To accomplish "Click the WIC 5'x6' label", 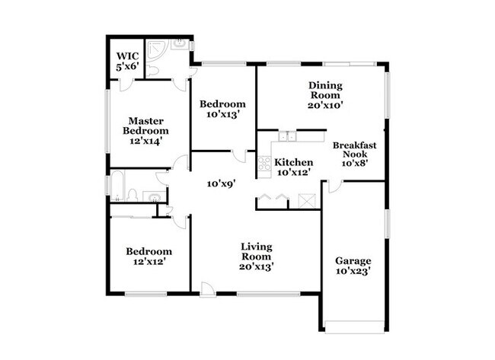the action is pyautogui.click(x=127, y=61).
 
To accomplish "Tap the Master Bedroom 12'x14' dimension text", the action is pyautogui.click(x=146, y=141).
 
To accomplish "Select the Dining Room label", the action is pyautogui.click(x=325, y=91).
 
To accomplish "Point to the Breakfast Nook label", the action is pyautogui.click(x=355, y=149).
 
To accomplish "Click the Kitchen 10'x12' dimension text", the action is pyautogui.click(x=294, y=172).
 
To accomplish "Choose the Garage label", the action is pyautogui.click(x=353, y=261).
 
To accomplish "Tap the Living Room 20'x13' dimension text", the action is pyautogui.click(x=256, y=267).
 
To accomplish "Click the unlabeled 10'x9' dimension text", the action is pyautogui.click(x=222, y=183).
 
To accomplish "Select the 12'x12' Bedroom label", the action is pyautogui.click(x=149, y=256).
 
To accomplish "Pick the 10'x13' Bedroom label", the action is pyautogui.click(x=222, y=109).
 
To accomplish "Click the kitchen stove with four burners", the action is pyautogui.click(x=264, y=164).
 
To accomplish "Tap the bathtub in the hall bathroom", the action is pyautogui.click(x=117, y=186).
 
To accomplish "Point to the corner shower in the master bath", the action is pyautogui.click(x=152, y=49).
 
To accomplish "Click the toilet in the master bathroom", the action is pyautogui.click(x=152, y=72).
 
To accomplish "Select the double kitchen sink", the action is pyautogui.click(x=288, y=136).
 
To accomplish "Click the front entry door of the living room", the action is pyautogui.click(x=208, y=289).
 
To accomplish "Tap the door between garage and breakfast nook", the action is pyautogui.click(x=335, y=186).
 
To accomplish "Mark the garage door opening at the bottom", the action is pyautogui.click(x=355, y=327).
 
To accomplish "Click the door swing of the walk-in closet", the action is pyautogui.click(x=127, y=85).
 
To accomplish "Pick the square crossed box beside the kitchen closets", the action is pyautogui.click(x=307, y=200).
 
